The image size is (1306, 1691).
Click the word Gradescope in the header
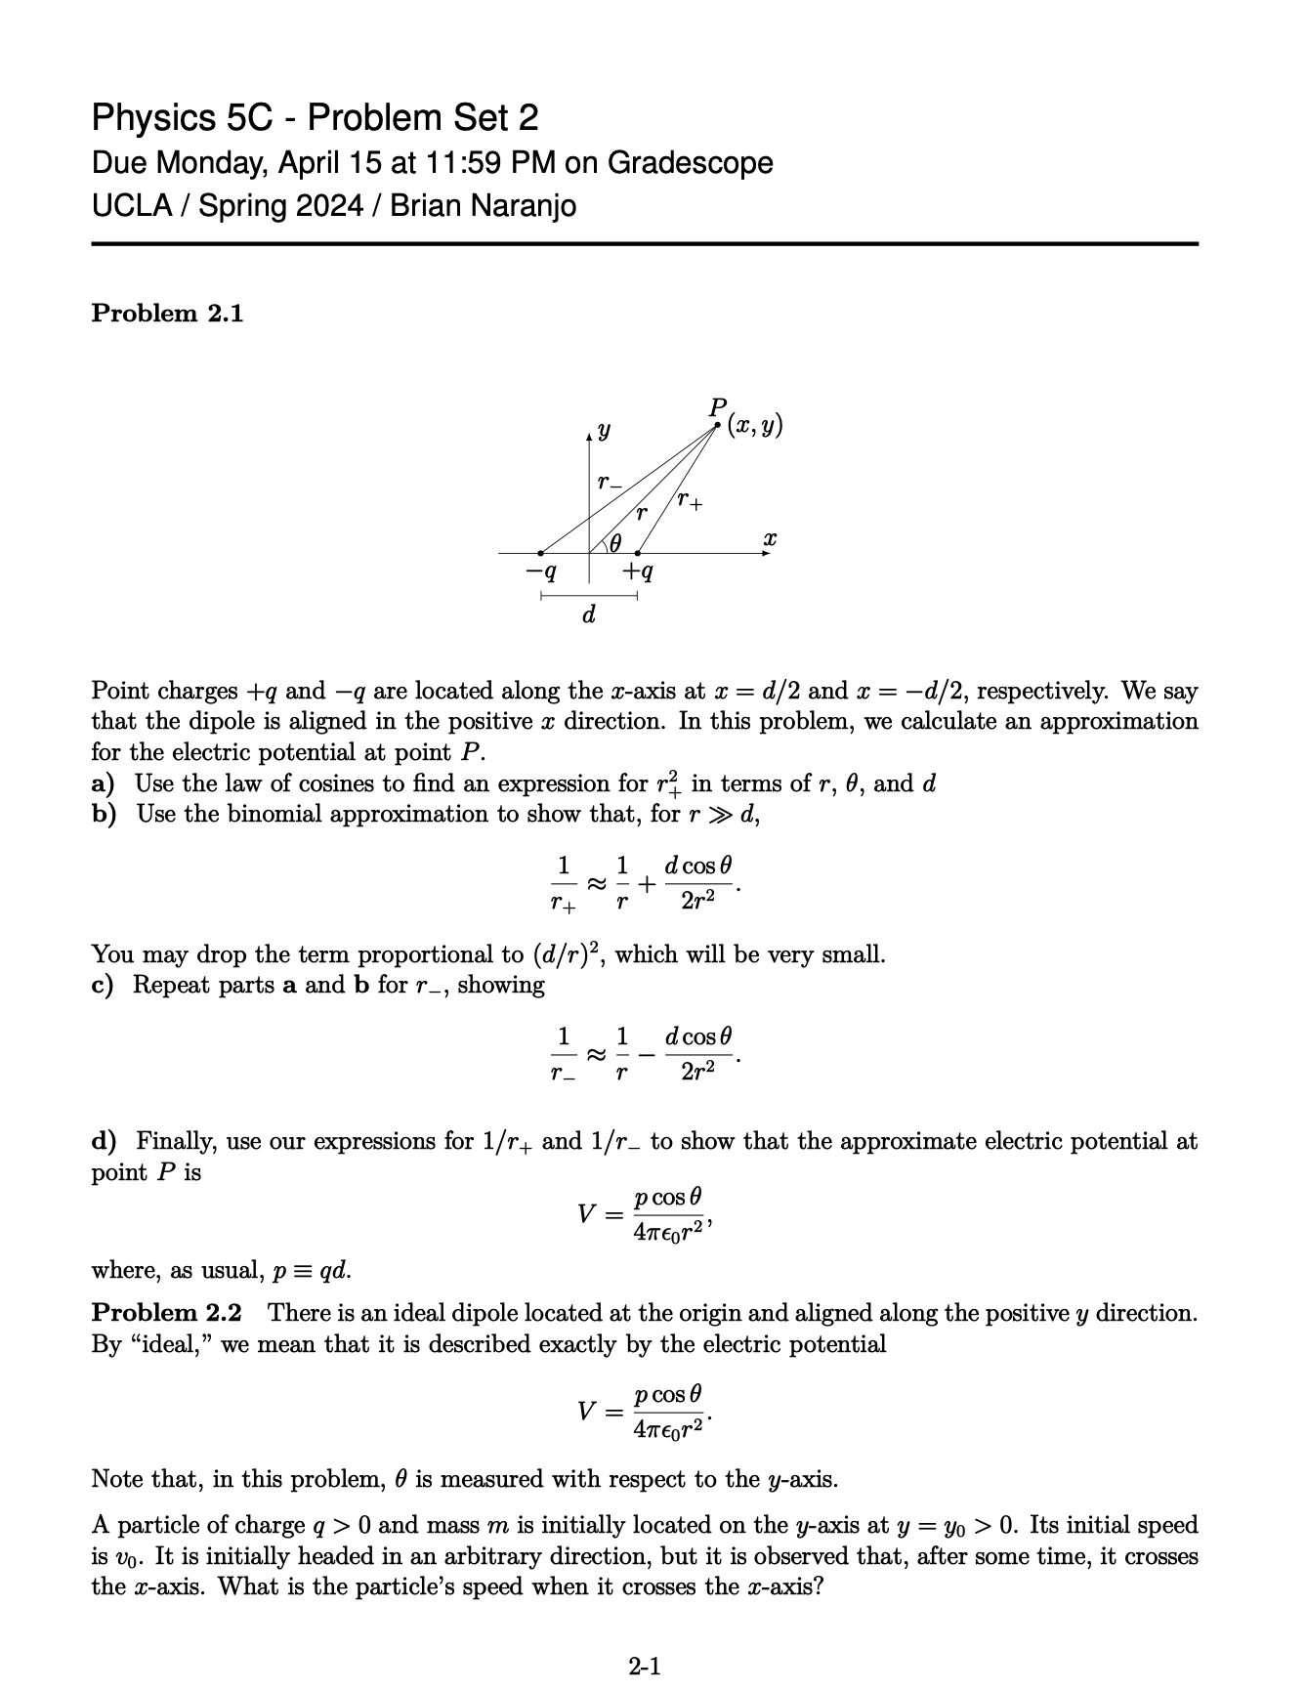(x=690, y=162)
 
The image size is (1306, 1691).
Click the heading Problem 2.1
(x=167, y=314)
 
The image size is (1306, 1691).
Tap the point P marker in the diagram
(x=718, y=424)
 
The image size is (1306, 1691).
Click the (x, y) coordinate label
(x=754, y=427)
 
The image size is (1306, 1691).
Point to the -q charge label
(x=540, y=570)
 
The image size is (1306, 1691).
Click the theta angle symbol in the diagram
(x=616, y=543)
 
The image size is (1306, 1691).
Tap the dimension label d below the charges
(x=588, y=615)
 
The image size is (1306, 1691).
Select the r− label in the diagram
(x=609, y=483)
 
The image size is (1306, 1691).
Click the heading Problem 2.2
(x=167, y=1313)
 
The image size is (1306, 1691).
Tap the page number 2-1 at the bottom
(x=645, y=1666)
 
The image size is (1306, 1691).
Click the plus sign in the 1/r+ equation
(x=646, y=883)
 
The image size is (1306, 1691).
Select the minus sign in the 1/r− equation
(x=646, y=1054)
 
